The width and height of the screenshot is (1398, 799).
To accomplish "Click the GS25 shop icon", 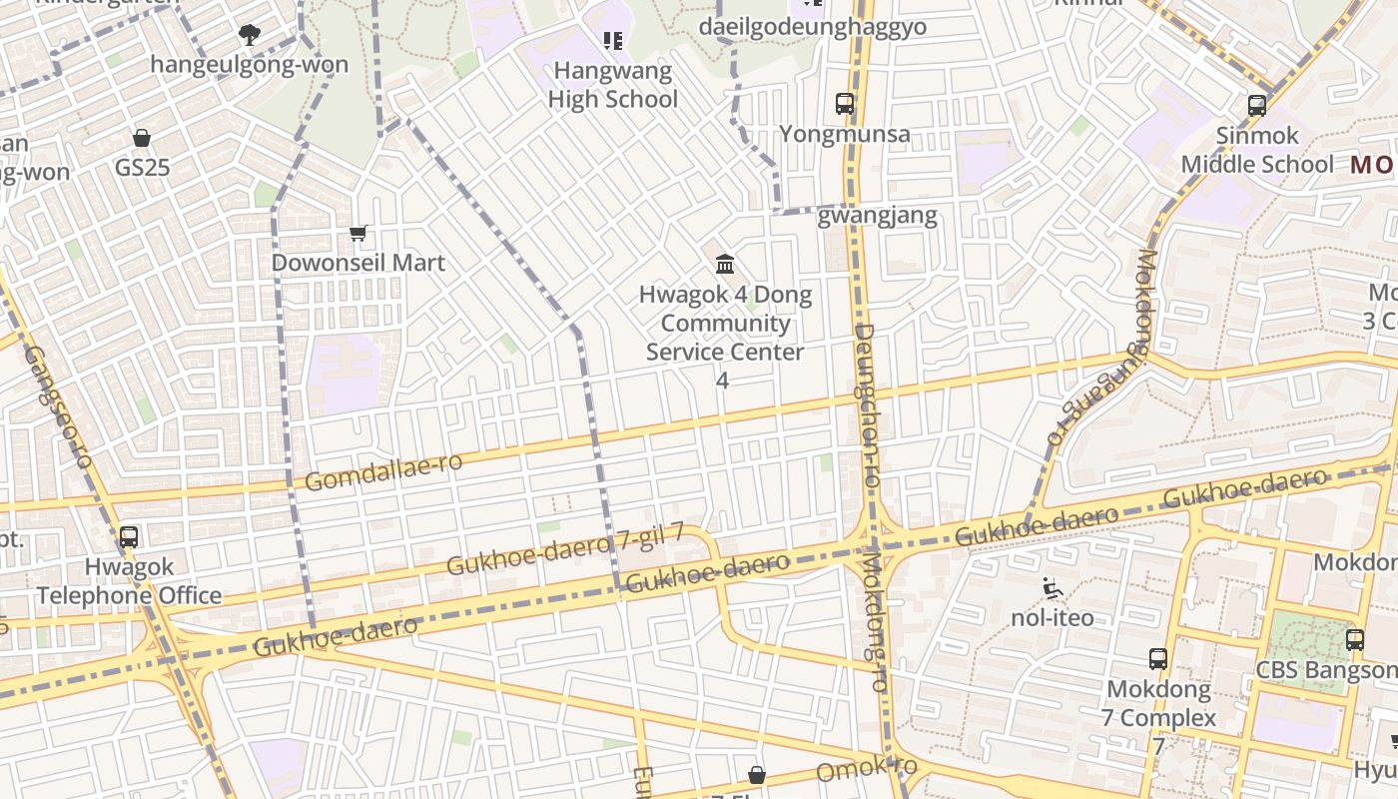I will point(142,138).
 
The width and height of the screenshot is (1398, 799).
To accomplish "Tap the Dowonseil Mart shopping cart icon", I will point(358,233).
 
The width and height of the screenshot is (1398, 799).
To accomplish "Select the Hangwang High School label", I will point(613,85).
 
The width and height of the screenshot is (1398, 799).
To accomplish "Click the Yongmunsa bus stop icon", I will point(845,103).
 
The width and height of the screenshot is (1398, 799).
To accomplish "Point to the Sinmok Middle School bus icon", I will point(1257,105).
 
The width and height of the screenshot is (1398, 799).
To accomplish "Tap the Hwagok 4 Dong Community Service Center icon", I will point(726,265).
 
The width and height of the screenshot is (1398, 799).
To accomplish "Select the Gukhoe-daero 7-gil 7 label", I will point(565,548).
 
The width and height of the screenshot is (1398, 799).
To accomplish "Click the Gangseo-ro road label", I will point(58,406).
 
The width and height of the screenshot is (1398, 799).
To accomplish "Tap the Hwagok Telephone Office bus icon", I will point(129,537).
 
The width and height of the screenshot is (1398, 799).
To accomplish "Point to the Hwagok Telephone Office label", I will point(129,581).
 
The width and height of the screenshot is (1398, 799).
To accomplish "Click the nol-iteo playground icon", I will point(1051,589).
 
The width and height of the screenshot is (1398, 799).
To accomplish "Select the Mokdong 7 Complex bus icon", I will point(1158,659).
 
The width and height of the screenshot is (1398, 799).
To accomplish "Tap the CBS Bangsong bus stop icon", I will point(1354,640).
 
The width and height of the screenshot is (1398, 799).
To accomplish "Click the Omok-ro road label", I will point(866,770).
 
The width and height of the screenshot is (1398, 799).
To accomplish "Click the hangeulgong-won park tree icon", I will point(249,36).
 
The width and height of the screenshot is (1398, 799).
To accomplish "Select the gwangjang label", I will point(877,215).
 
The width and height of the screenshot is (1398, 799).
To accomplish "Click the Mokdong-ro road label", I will point(874,619).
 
